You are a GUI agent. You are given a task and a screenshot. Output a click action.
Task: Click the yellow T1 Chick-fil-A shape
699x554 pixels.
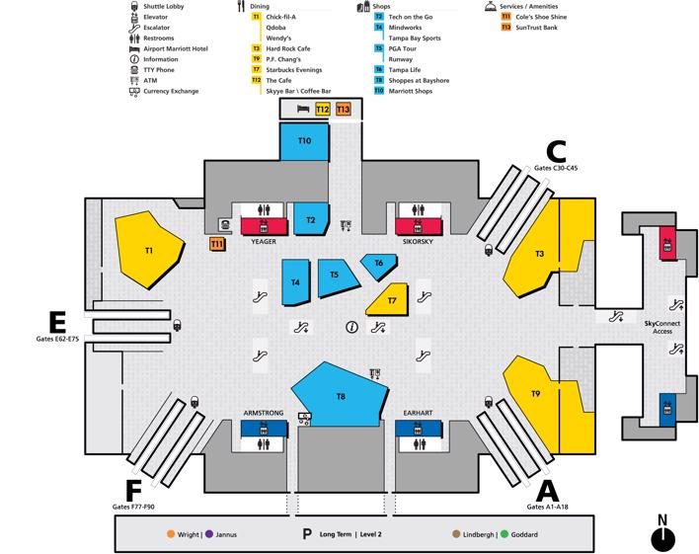(148, 249)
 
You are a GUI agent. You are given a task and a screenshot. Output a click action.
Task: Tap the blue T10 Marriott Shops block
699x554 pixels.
(304, 141)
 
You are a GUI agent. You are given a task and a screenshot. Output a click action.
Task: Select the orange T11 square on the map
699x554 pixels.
(217, 244)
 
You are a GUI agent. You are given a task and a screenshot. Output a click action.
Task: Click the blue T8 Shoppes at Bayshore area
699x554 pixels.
(340, 395)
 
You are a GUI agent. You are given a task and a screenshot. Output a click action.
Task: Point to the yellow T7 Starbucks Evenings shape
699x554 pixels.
(389, 300)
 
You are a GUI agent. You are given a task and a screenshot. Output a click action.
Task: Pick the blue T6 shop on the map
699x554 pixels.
(378, 266)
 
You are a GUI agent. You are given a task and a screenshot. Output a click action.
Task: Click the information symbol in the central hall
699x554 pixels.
(352, 328)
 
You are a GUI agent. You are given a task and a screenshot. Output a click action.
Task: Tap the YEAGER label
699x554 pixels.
(264, 241)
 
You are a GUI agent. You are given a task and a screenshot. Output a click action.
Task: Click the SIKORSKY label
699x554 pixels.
(418, 241)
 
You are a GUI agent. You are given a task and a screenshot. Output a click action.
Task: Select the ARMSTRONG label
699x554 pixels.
(264, 413)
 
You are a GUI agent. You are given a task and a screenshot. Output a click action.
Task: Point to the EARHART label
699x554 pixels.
(418, 413)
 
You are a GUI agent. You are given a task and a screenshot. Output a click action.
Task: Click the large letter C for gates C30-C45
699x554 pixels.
(557, 152)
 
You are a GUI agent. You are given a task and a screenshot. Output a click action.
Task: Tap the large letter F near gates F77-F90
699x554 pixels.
(133, 491)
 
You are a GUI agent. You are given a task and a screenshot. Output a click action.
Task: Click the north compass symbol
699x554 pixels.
(662, 534)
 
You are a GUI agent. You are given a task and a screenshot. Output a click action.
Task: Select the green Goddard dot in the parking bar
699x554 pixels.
(505, 534)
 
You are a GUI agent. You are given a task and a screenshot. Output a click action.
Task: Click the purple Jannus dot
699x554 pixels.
(209, 534)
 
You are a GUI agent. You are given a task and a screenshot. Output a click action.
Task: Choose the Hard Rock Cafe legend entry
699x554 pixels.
(288, 48)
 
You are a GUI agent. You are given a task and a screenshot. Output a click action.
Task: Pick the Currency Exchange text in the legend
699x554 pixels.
(171, 91)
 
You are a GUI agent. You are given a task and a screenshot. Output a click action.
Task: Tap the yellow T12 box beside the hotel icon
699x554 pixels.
(323, 110)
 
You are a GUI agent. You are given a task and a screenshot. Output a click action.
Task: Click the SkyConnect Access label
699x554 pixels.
(662, 328)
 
